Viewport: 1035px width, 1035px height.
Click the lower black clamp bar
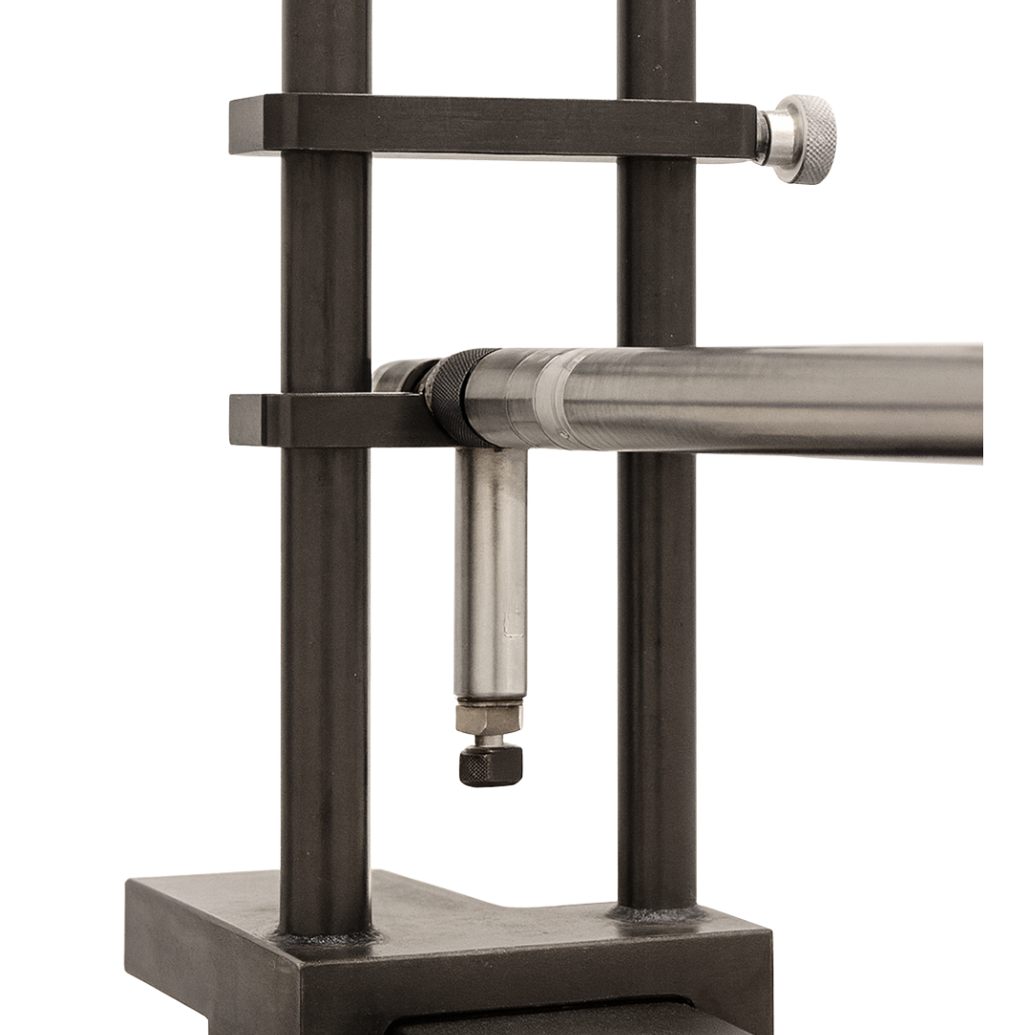coord(316,420)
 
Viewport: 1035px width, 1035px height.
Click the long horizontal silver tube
coord(767,401)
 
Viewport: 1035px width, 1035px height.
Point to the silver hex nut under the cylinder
coord(489,718)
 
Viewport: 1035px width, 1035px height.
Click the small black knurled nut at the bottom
coord(491,765)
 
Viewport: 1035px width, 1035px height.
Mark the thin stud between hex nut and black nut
coord(491,740)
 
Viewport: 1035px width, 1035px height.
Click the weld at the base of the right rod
coord(656,913)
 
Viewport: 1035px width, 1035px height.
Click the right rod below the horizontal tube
coord(656,671)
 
